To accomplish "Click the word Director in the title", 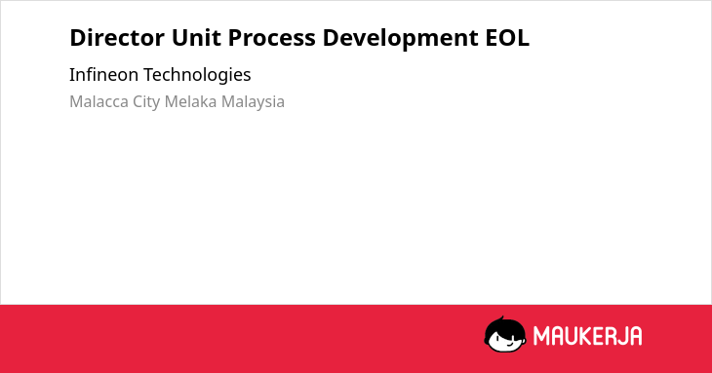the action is pyautogui.click(x=117, y=38).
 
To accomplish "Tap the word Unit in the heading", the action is pyautogui.click(x=196, y=38).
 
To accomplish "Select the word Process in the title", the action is pyautogui.click(x=271, y=38).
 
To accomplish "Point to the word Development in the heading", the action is pyautogui.click(x=401, y=39).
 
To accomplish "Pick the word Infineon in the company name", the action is pyautogui.click(x=103, y=74).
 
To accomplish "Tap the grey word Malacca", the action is pyautogui.click(x=99, y=101).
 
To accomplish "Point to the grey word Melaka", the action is pyautogui.click(x=191, y=101).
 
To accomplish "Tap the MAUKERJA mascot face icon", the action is pyautogui.click(x=505, y=334).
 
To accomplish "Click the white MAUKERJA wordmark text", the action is pyautogui.click(x=587, y=336).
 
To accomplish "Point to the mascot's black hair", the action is pyautogui.click(x=504, y=325).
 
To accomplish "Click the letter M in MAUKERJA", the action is pyautogui.click(x=540, y=336).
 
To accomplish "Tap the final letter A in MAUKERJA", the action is pyautogui.click(x=636, y=336).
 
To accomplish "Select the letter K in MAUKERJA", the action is pyautogui.click(x=585, y=336).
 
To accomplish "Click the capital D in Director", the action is pyautogui.click(x=78, y=38).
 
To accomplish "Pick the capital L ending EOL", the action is pyautogui.click(x=523, y=38).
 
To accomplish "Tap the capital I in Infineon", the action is pyautogui.click(x=71, y=74).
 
